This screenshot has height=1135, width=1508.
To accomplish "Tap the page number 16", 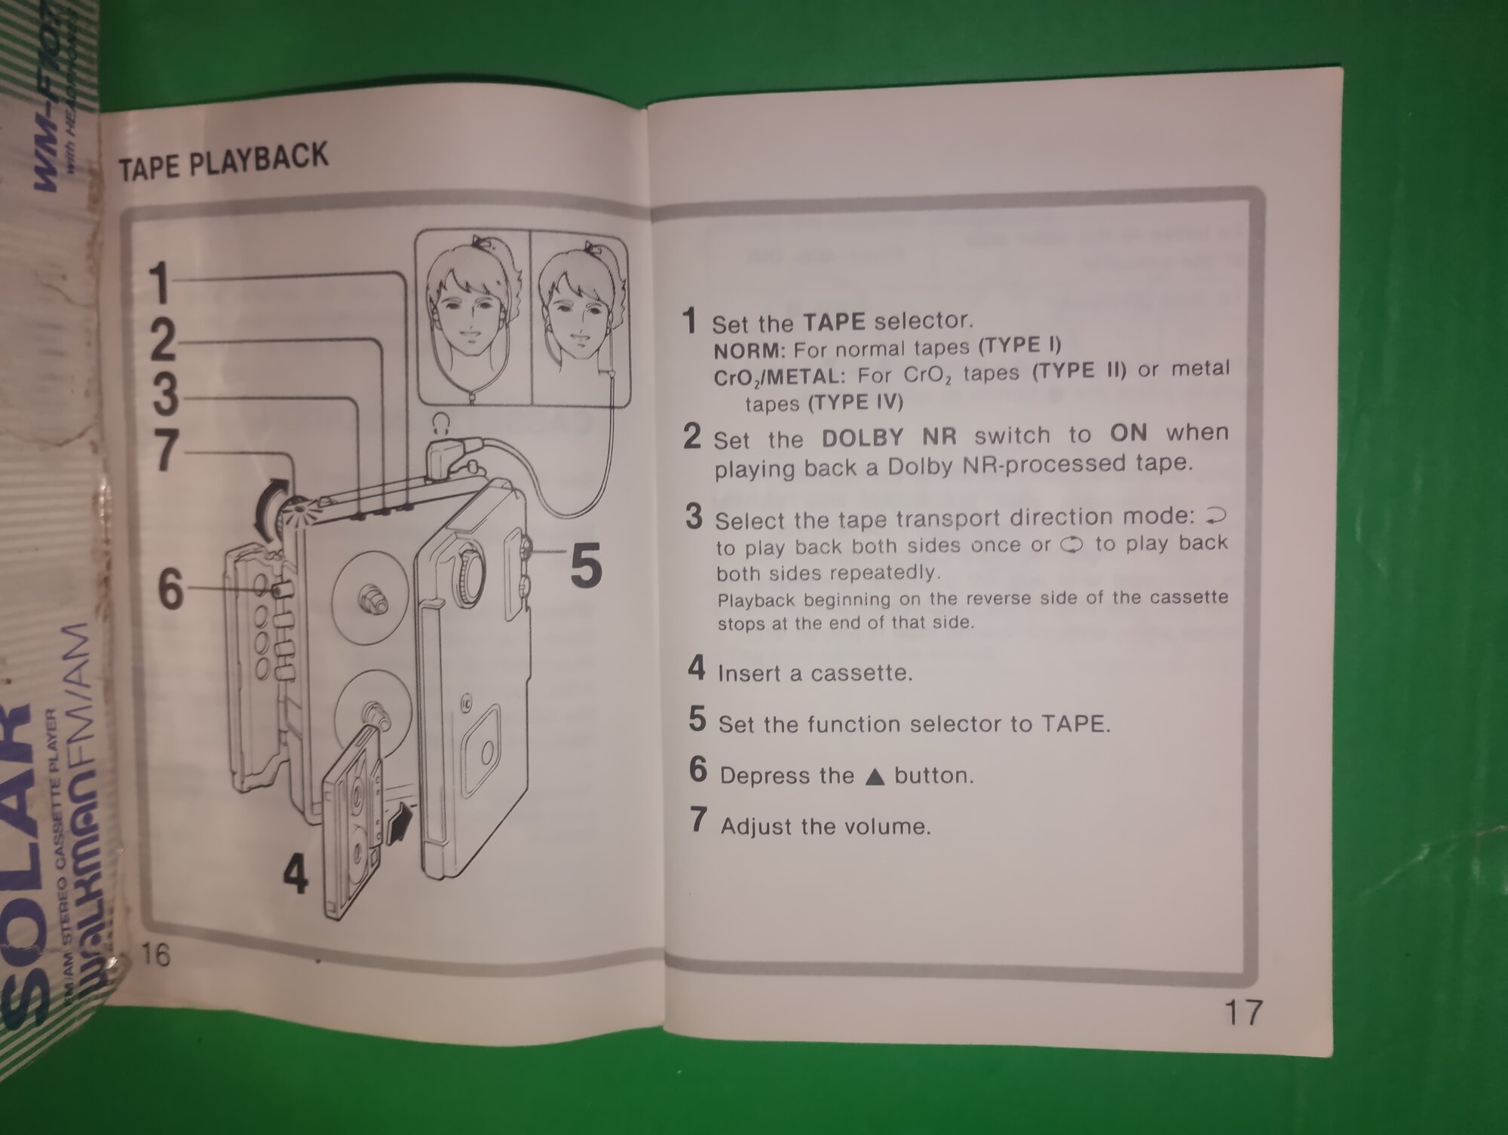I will pos(156,954).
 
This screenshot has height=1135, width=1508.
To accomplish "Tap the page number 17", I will pos(1242,1012).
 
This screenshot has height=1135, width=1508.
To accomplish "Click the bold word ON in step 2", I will pos(1129,433).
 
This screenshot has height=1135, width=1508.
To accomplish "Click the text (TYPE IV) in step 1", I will pos(855,402).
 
